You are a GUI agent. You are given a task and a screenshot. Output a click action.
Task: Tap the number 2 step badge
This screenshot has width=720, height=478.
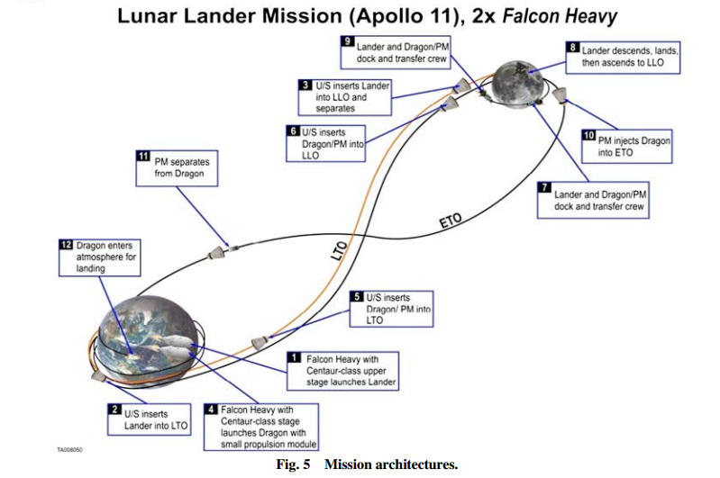[x=115, y=409]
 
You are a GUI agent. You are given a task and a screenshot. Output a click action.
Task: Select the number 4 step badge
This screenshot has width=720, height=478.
[x=211, y=408]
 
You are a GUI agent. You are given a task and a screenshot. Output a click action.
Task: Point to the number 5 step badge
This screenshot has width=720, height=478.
[x=357, y=296]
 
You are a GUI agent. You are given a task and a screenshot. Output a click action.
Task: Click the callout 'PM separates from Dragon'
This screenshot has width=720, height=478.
[x=177, y=167]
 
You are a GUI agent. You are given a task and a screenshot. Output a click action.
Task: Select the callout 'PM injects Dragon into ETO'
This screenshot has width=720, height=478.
[x=628, y=147]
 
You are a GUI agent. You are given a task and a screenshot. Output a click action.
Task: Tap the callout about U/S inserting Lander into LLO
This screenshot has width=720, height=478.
[x=346, y=97]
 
